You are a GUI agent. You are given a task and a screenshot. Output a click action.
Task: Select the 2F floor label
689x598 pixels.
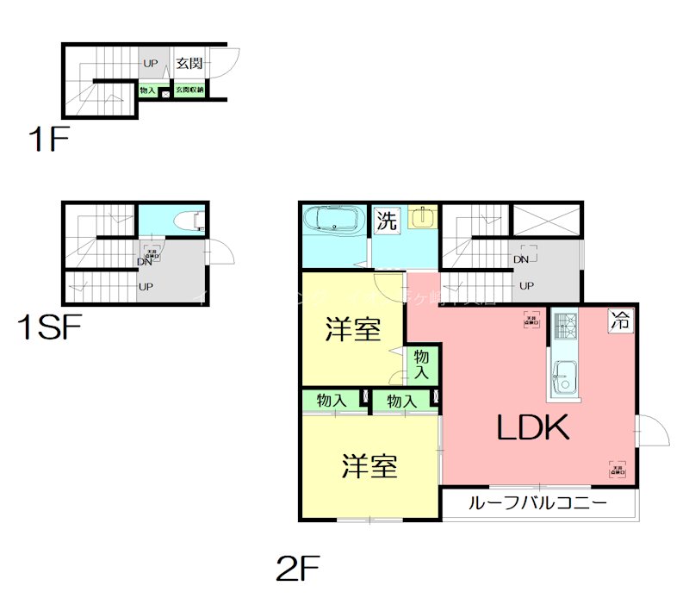point(298,568)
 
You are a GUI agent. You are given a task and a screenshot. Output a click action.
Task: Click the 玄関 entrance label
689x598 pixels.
point(189,64)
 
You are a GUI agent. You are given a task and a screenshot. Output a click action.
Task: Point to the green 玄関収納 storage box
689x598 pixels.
point(189,90)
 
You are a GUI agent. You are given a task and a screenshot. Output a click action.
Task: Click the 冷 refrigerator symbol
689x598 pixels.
point(619,321)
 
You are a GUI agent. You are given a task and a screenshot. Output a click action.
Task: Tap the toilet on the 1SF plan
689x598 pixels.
point(188,221)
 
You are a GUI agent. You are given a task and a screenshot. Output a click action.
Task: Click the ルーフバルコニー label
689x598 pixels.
point(538,503)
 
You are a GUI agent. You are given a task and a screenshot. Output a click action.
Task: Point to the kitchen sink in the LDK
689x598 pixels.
point(564,377)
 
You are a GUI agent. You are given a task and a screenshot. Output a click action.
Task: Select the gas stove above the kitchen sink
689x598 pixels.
point(565,326)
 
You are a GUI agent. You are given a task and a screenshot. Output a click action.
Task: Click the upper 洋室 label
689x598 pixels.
point(354,330)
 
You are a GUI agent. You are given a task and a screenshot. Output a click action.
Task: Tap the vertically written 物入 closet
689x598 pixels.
point(422,363)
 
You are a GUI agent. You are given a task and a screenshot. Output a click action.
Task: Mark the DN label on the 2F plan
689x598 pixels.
point(520,259)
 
